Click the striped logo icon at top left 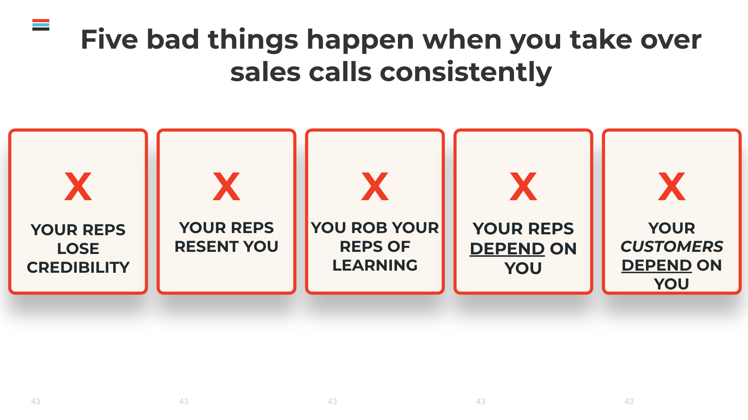tap(41, 25)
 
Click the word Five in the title tap(109, 39)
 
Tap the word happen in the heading tap(360, 40)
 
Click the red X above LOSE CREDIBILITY tap(78, 187)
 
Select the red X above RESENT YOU tap(227, 187)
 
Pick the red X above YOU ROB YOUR tap(375, 187)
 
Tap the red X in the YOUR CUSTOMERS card tap(672, 187)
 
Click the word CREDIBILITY tap(78, 267)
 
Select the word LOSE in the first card tap(78, 248)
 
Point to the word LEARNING tap(375, 265)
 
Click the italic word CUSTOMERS tap(672, 246)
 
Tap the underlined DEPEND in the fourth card tap(507, 248)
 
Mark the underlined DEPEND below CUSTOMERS tap(657, 265)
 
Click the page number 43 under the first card tap(35, 401)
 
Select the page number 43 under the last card tap(629, 401)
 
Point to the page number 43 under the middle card tap(332, 401)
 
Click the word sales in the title tap(265, 72)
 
